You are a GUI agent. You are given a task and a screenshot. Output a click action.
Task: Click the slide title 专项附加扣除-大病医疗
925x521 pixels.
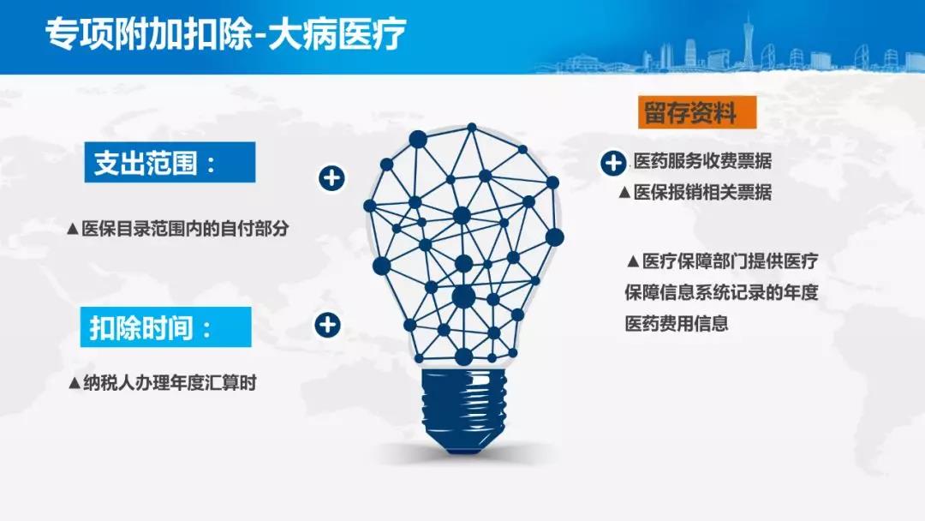[x=226, y=33]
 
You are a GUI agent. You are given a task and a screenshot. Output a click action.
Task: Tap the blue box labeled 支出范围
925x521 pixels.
[x=170, y=162]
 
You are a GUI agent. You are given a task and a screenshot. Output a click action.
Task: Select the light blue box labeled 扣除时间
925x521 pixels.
[x=166, y=326]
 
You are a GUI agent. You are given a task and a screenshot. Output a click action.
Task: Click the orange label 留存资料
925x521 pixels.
[x=696, y=112]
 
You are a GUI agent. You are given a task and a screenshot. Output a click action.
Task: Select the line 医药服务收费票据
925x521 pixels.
[x=702, y=160]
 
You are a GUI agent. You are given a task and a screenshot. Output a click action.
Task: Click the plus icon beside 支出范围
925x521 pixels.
[x=331, y=178]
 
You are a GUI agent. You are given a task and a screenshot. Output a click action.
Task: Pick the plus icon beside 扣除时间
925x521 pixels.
[x=327, y=325]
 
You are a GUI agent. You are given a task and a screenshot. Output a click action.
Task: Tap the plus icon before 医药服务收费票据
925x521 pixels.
[x=613, y=163]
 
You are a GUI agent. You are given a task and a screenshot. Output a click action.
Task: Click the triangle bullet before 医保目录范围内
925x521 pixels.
[x=73, y=229]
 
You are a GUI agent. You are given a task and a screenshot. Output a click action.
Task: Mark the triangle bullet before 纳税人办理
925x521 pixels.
[x=75, y=384]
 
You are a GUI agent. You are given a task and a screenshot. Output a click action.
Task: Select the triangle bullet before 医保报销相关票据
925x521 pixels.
[x=624, y=192]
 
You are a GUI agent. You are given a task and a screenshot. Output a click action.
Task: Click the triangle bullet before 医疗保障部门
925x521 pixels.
[x=633, y=260]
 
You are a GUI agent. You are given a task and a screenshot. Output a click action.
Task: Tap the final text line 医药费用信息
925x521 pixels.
[x=677, y=323]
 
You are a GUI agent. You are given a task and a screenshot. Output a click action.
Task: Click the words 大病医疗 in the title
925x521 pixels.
[x=337, y=33]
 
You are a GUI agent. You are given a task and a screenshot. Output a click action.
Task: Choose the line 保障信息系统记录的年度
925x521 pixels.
[x=721, y=292]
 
